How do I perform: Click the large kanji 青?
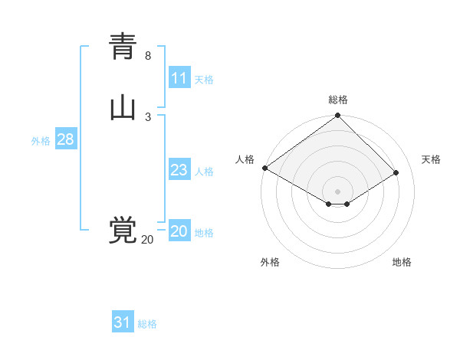click(123, 47)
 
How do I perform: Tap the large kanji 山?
click(123, 108)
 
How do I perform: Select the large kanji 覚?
click(123, 231)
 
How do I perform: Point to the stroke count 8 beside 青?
click(148, 56)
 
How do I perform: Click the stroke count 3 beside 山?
click(148, 116)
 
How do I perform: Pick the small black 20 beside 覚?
click(147, 240)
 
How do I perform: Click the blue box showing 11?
click(179, 78)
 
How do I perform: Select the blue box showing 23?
click(179, 170)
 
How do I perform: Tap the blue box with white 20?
click(179, 231)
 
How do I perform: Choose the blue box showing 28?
click(65, 139)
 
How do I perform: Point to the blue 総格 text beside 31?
click(147, 324)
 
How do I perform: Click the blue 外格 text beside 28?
click(41, 141)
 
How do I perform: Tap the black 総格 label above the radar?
click(338, 100)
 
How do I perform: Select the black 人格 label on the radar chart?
click(245, 159)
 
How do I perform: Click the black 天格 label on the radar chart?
click(432, 159)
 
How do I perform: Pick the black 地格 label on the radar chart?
click(402, 262)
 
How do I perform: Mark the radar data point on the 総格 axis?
click(338, 116)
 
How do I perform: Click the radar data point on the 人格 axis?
click(264, 168)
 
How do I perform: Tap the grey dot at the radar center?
click(338, 191)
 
